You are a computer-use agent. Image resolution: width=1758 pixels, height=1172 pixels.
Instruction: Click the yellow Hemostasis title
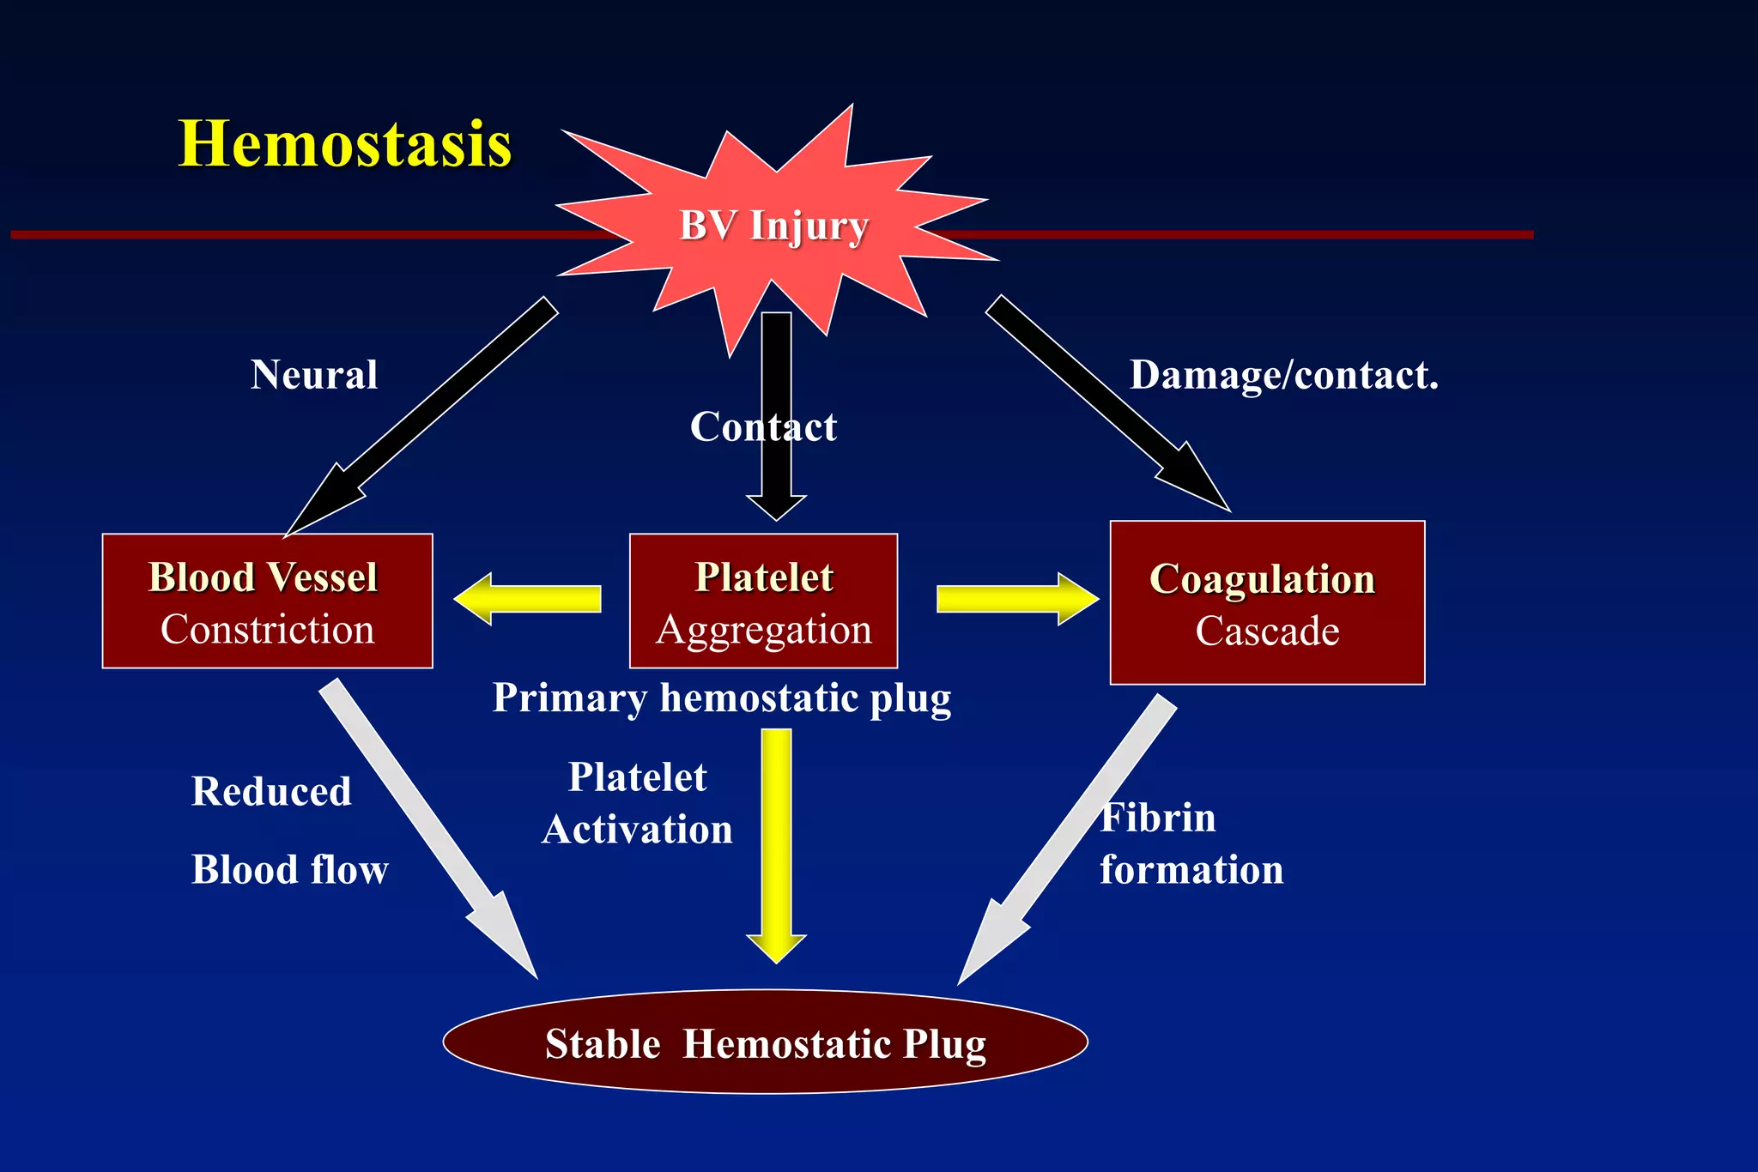[x=344, y=143]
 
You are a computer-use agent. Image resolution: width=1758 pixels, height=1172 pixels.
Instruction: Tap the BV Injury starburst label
[x=773, y=227]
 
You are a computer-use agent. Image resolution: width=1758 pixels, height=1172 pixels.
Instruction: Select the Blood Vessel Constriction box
[x=267, y=601]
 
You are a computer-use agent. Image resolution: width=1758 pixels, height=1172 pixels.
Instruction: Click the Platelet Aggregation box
[x=763, y=601]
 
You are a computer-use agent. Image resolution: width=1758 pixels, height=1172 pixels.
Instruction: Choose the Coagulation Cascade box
[x=1267, y=603]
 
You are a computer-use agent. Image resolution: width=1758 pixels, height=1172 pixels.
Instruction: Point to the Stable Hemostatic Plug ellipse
[x=765, y=1042]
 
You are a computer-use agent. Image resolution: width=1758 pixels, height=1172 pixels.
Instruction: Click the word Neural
[x=314, y=375]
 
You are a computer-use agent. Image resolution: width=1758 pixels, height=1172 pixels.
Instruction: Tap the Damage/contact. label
[x=1283, y=375]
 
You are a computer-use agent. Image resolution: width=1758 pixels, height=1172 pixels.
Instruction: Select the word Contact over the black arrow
[x=763, y=426]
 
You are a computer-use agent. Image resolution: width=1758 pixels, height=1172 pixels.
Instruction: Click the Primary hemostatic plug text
[x=722, y=698]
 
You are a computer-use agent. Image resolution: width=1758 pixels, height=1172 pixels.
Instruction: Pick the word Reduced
[x=271, y=791]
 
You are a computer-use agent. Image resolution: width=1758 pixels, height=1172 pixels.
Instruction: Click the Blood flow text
[x=289, y=869]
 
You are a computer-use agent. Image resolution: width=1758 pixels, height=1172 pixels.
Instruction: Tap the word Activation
[x=637, y=830]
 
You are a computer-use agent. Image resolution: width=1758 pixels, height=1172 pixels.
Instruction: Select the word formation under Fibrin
[x=1191, y=869]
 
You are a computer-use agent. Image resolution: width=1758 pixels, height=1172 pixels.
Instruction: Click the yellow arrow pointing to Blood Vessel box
[x=528, y=599]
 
